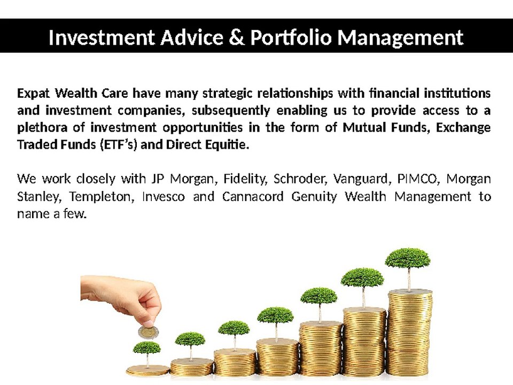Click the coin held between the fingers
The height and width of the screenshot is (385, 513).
pyautogui.click(x=148, y=332)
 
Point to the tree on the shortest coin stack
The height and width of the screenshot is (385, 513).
pyautogui.click(x=146, y=349)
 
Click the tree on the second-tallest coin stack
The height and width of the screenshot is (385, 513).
pyautogui.click(x=362, y=278)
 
